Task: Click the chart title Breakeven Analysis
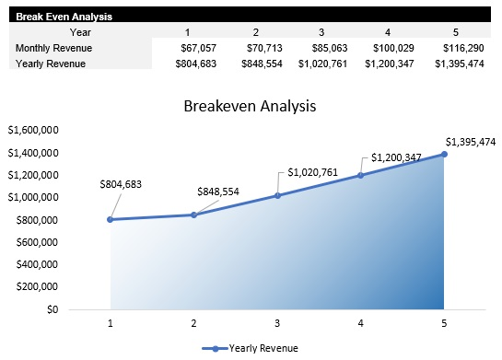coord(251,106)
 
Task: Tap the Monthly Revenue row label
coord(53,47)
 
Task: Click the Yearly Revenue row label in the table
coord(50,63)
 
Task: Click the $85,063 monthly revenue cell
coord(331,47)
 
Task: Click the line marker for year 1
coord(111,219)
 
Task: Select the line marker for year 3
coord(277,195)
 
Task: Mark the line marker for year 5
coord(444,154)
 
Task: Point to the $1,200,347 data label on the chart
coord(396,157)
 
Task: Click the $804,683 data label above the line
coord(121,185)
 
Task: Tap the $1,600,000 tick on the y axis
coord(32,130)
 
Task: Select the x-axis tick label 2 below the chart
coord(193,323)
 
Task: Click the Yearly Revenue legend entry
coord(251,348)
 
